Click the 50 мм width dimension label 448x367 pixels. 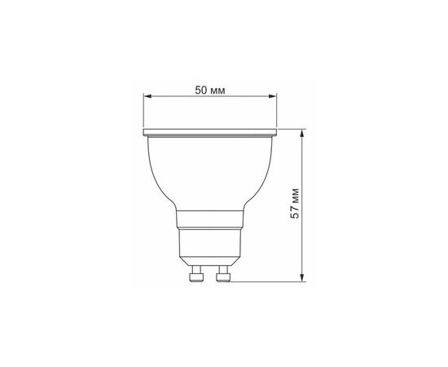pos(210,91)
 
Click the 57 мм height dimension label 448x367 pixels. pos(295,203)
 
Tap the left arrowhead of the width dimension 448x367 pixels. pos(147,97)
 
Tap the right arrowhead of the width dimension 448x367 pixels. pos(273,97)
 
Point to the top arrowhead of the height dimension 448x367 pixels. pos(302,133)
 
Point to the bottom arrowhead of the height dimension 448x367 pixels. pos(302,277)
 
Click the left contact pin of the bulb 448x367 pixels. pos(196,274)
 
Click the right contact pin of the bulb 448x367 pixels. pos(223,274)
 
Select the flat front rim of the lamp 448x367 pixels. pos(210,132)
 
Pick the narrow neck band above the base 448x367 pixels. pos(210,219)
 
